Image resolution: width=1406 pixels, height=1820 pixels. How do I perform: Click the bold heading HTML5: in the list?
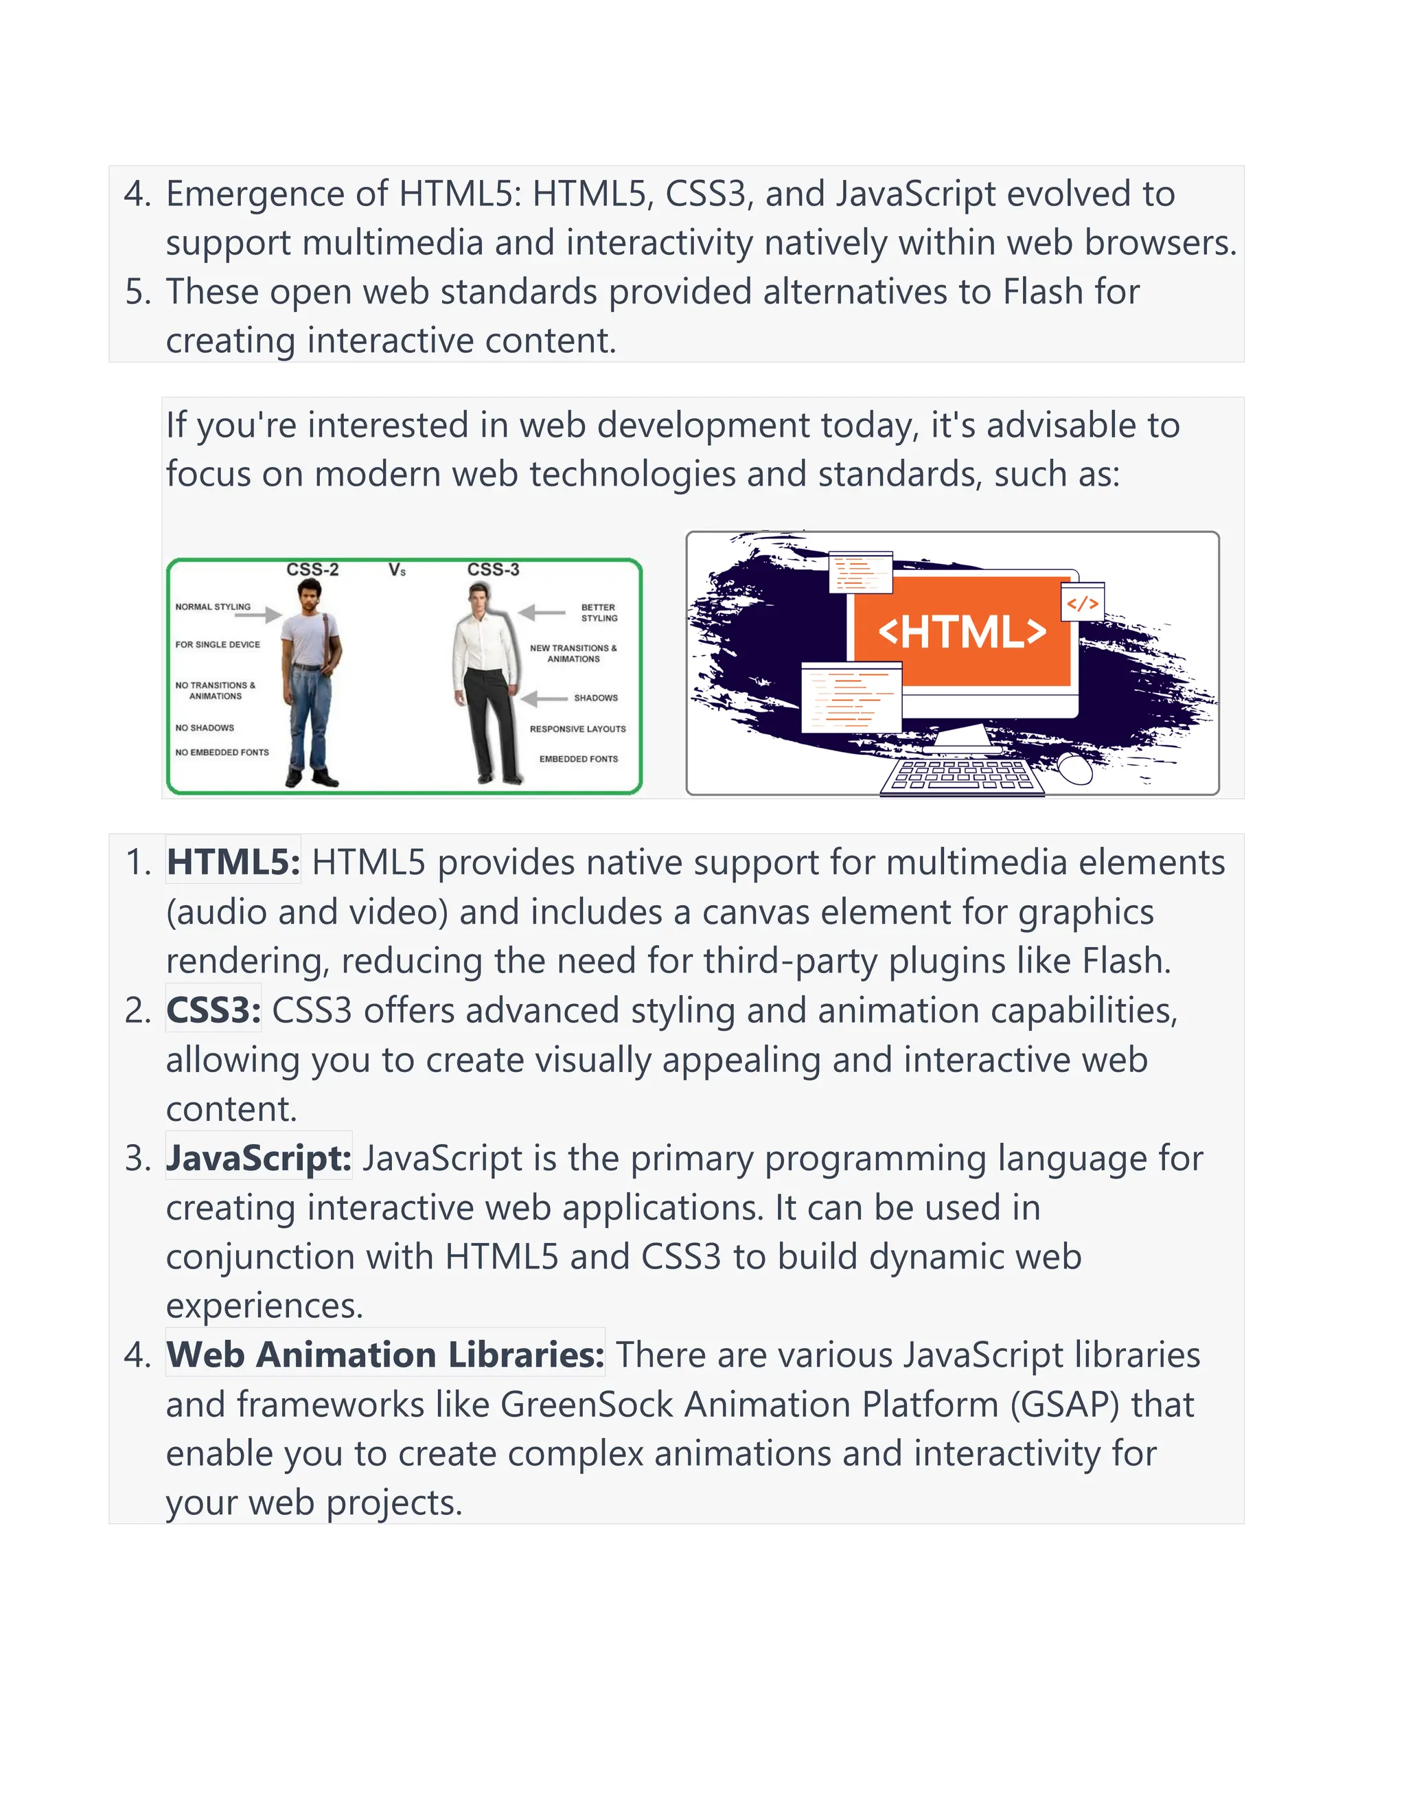[233, 863]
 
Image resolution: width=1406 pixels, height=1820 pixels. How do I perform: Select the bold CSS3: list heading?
[214, 1011]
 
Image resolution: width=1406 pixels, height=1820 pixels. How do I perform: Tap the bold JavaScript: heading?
[258, 1159]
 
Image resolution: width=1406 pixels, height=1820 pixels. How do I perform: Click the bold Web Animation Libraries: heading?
[385, 1355]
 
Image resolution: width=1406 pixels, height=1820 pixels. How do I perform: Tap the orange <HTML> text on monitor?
[962, 632]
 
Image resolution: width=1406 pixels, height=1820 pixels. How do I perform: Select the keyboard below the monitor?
[962, 775]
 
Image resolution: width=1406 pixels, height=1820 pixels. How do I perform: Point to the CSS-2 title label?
[312, 570]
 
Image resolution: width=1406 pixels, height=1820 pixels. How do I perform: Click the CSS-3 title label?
[493, 570]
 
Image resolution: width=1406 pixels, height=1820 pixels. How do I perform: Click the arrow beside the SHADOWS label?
[542, 698]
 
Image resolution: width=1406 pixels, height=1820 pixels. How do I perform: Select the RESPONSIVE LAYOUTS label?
[577, 729]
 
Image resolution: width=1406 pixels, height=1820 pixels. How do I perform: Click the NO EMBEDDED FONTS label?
[222, 753]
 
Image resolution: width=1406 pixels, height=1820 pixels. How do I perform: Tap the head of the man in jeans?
[308, 593]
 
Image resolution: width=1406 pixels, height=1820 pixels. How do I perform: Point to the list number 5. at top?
[138, 293]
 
